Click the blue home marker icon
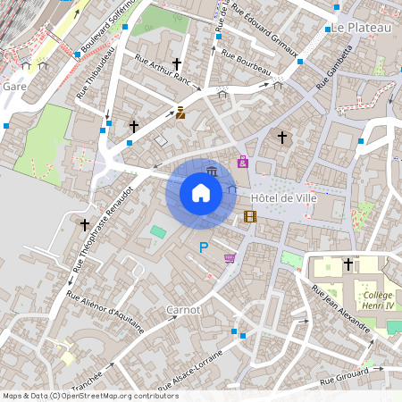point(201,192)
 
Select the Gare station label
point(15,87)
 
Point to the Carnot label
point(183,309)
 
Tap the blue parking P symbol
point(204,247)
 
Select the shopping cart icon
point(230,258)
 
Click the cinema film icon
point(250,216)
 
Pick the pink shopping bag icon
point(243,162)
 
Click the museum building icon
point(212,172)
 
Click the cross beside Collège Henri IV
point(348,264)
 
